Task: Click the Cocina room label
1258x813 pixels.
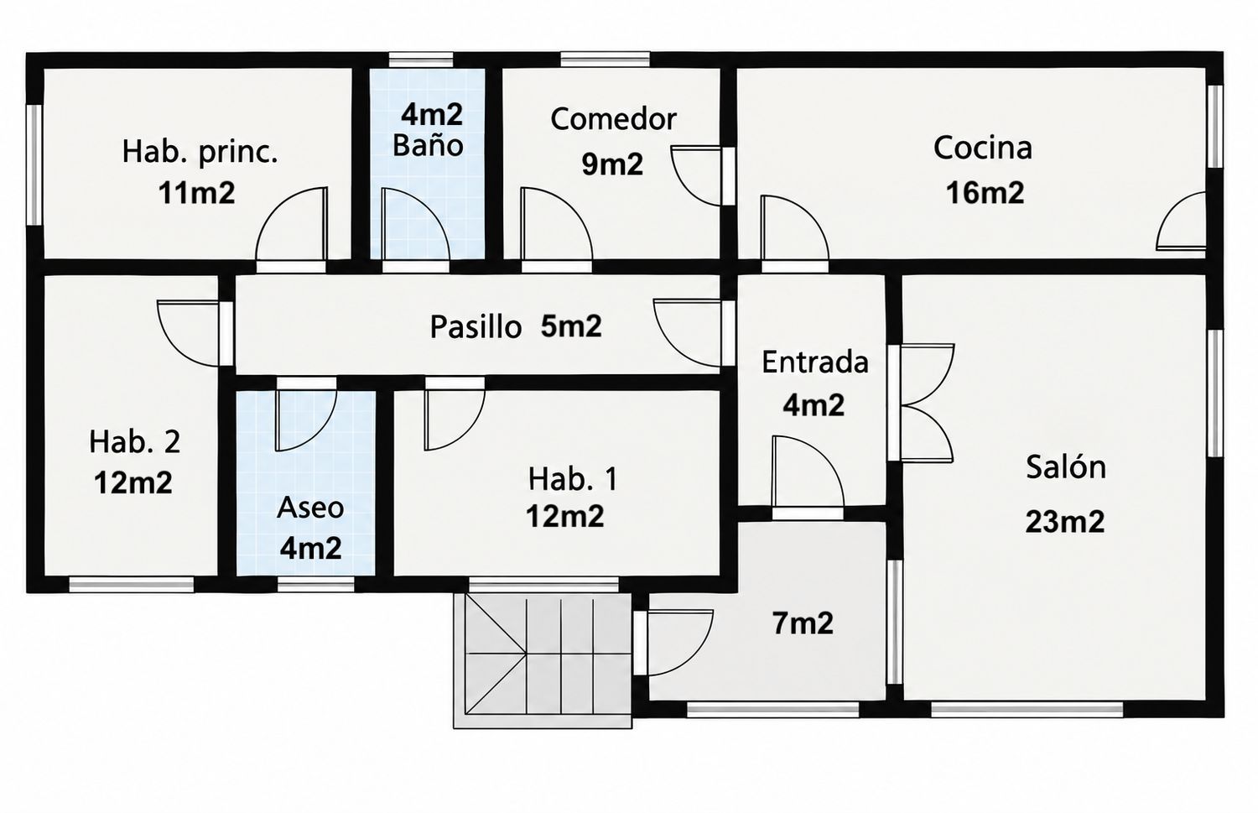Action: [983, 148]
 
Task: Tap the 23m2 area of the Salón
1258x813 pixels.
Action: [1065, 521]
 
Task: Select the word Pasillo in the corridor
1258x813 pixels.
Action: [476, 327]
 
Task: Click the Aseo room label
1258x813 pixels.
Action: [310, 508]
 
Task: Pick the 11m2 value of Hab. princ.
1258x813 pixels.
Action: [196, 193]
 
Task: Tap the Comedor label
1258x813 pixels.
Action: [613, 119]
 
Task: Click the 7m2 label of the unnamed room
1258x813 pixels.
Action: [803, 623]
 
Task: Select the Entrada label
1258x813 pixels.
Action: [815, 362]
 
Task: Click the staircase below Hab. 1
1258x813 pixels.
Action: [543, 661]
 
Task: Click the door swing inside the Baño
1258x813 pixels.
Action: [415, 224]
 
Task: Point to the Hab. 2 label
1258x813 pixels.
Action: [135, 442]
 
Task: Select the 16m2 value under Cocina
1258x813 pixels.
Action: [985, 193]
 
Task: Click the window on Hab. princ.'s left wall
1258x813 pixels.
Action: [35, 165]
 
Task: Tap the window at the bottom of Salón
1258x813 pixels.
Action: [1027, 710]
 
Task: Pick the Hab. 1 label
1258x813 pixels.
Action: [573, 479]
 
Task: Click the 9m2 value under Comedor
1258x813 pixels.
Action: [612, 164]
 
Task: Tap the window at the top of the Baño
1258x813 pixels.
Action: [421, 60]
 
